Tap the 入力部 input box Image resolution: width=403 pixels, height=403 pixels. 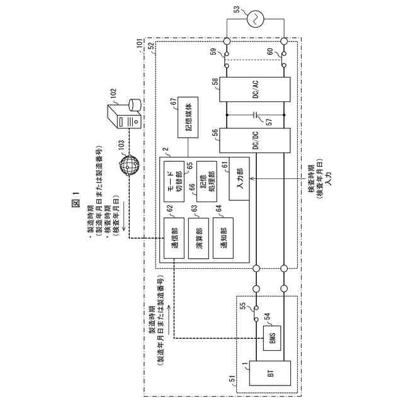click(240, 178)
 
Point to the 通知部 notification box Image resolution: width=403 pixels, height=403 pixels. click(224, 234)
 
